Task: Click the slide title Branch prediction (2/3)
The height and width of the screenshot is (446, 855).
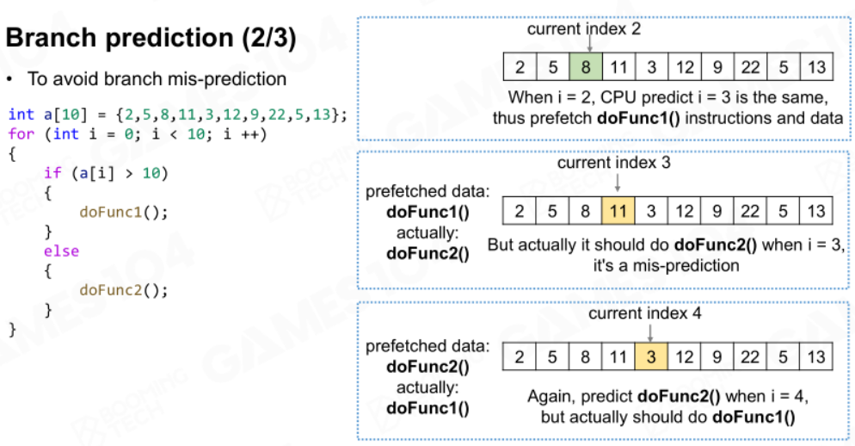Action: coord(151,38)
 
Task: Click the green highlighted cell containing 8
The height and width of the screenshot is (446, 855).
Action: coord(586,67)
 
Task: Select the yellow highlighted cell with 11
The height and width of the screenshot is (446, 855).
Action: coord(618,211)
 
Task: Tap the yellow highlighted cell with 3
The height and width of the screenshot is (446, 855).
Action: coord(651,357)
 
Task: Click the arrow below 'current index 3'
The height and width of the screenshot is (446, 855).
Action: coord(618,183)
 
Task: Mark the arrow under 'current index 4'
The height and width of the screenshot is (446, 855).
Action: coord(650,332)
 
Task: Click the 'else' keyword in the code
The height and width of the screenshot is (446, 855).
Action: coord(62,251)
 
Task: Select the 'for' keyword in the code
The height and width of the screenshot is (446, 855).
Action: coord(22,133)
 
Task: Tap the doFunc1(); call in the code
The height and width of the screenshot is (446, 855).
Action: coord(124,213)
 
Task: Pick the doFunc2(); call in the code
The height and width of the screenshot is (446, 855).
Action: coord(124,290)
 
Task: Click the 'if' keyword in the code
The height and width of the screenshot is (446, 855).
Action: coord(52,173)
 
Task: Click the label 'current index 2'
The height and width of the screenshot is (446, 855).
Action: coord(584,29)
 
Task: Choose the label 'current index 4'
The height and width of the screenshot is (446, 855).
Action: coord(645,313)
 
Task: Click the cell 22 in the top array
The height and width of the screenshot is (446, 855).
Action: coord(750,67)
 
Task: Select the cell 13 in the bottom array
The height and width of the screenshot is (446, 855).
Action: coord(816,357)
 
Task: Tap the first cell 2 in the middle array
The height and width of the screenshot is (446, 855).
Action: coord(520,211)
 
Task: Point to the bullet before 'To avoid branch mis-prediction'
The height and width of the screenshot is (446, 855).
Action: coord(9,80)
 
